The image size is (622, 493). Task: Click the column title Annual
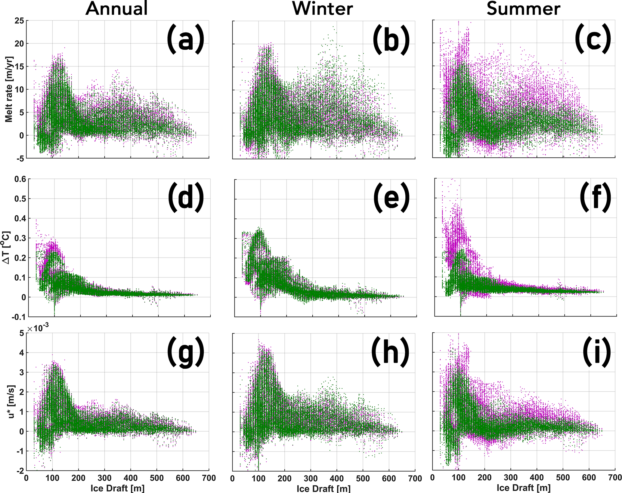[x=117, y=8]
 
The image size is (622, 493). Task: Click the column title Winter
[x=323, y=8]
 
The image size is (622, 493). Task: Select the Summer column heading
[x=523, y=8]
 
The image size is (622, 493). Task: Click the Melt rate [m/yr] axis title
[x=9, y=89]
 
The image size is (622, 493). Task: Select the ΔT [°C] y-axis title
[x=7, y=247]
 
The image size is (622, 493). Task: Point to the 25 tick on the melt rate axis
[x=19, y=21]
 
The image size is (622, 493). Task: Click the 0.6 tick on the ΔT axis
[x=20, y=179]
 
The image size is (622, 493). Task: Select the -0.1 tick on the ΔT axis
[x=19, y=317]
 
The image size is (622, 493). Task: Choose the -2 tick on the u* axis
[x=20, y=470]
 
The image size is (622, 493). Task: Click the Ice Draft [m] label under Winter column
[x=323, y=488]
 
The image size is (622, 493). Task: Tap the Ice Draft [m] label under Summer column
[x=524, y=488]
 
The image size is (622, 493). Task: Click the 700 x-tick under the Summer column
[x=615, y=478]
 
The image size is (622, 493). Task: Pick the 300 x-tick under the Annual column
[x=104, y=478]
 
